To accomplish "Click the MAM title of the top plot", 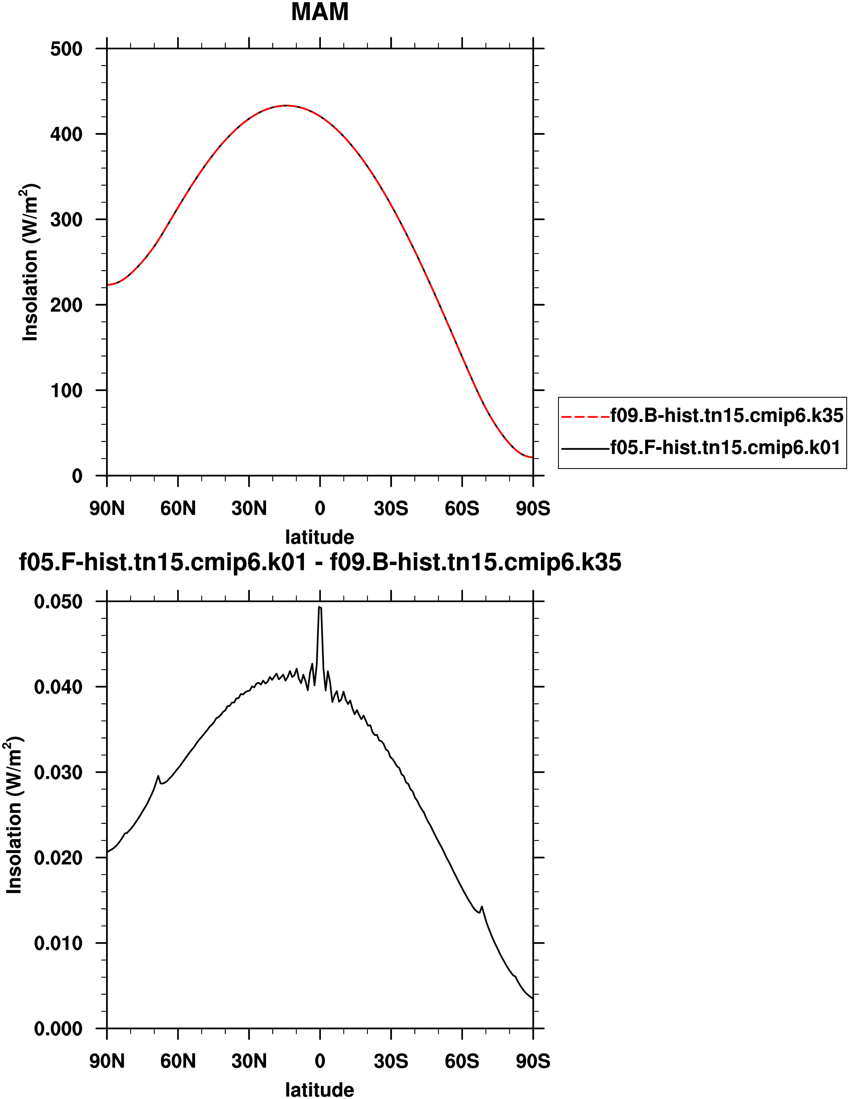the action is point(319,12).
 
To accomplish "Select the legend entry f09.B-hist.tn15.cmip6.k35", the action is point(727,415).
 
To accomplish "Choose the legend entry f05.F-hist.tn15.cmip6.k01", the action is point(725,448).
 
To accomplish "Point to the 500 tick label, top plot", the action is point(66,49).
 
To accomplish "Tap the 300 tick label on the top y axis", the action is point(66,220).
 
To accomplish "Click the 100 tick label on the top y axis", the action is point(66,391).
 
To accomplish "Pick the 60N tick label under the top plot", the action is point(178,509).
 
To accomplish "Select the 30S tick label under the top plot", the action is point(391,509).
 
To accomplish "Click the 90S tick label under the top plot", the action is point(533,509).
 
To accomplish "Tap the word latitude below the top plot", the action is point(319,537).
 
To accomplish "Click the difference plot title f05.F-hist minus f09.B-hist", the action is point(320,562).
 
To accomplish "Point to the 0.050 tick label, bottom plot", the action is point(58,602).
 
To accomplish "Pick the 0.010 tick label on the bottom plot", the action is point(58,943).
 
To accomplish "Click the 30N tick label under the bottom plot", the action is point(249,1062).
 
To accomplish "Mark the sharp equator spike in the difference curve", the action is point(319,608).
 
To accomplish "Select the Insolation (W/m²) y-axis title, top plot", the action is point(30,262).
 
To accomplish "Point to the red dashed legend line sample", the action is point(585,417).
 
